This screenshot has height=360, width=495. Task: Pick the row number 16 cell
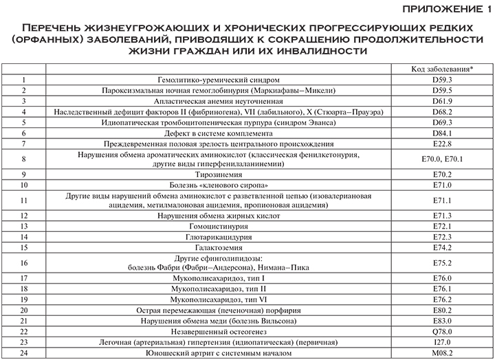tap(24, 262)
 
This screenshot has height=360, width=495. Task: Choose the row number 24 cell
tap(24, 352)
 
